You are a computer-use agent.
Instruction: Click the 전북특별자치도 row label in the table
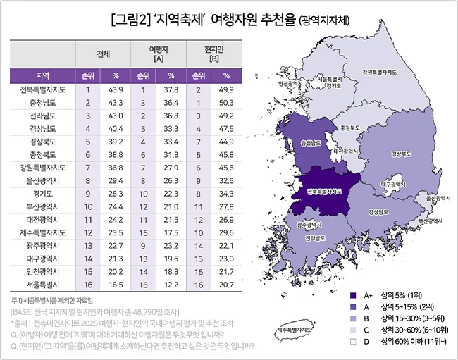pyautogui.click(x=42, y=89)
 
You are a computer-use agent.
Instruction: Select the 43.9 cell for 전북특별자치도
pyautogui.click(x=116, y=89)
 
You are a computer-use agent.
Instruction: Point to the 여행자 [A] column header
pyautogui.click(x=157, y=54)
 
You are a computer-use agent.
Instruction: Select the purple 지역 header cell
pyautogui.click(x=42, y=75)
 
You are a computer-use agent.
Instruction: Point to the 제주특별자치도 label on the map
pyautogui.click(x=295, y=329)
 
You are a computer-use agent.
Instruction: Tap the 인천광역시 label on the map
pyautogui.click(x=292, y=82)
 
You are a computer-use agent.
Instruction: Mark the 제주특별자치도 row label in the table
pyautogui.click(x=42, y=232)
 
